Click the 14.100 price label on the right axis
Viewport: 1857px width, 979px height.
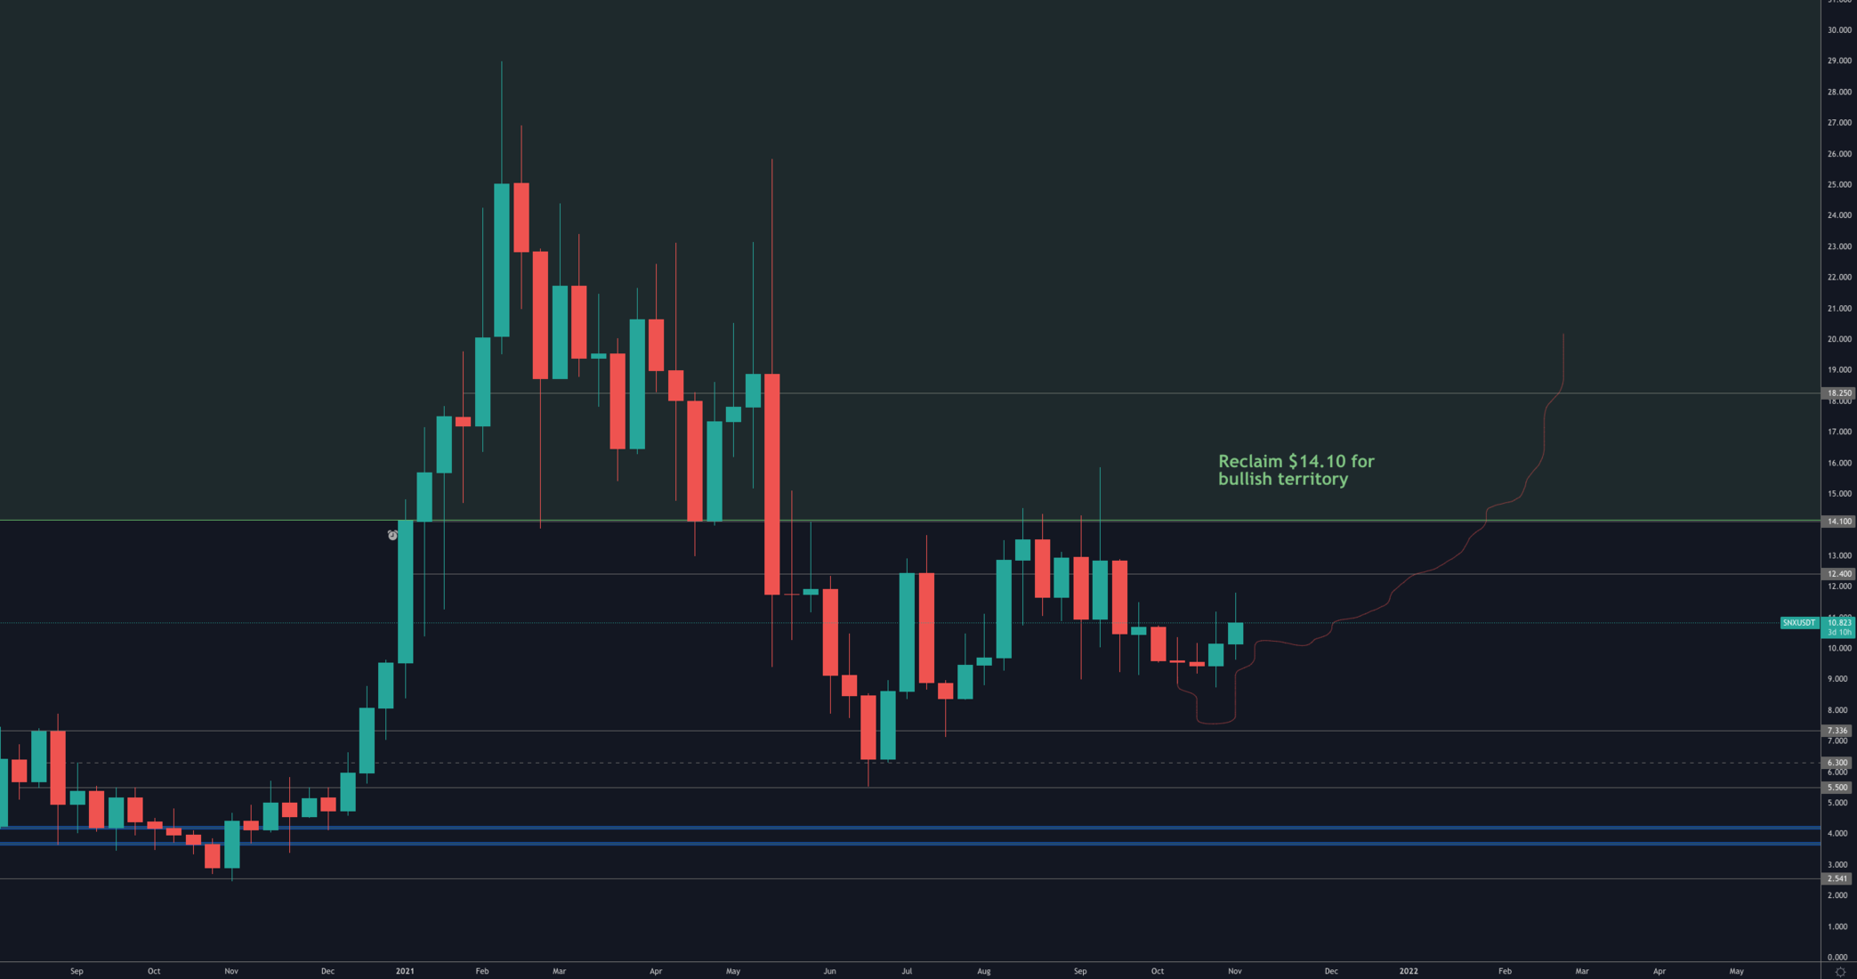tap(1838, 522)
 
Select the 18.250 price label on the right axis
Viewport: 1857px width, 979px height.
tap(1838, 392)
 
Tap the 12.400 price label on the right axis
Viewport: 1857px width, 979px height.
tap(1838, 574)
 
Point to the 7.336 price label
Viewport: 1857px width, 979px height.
tap(1838, 731)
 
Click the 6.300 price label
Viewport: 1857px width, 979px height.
tap(1838, 763)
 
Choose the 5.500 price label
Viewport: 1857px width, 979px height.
tap(1838, 788)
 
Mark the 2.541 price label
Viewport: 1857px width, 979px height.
tap(1838, 878)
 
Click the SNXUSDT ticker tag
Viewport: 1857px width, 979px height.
tap(1798, 623)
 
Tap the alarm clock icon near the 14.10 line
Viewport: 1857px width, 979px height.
tap(392, 535)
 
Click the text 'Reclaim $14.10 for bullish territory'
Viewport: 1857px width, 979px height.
tap(1296, 470)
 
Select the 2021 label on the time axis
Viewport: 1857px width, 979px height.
tap(405, 971)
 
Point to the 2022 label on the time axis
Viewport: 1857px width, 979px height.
tap(1409, 971)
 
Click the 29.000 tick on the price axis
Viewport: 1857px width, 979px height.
tap(1838, 61)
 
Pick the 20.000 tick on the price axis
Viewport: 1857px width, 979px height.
tap(1838, 339)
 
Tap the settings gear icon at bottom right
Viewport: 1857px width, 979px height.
tap(1840, 972)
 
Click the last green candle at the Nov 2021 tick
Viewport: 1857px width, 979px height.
tap(1235, 633)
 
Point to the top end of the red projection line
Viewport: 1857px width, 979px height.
tap(1563, 336)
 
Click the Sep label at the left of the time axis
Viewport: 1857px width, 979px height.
tap(77, 971)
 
